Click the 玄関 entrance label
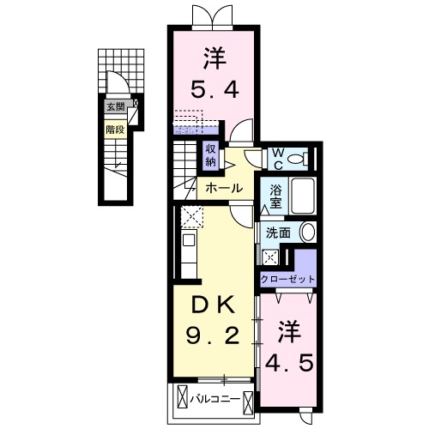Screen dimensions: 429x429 tap(115, 108)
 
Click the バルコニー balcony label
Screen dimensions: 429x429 tap(214, 398)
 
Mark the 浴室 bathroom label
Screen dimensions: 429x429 tap(276, 196)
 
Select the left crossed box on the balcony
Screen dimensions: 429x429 tap(183, 398)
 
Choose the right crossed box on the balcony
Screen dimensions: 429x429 tap(249, 398)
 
